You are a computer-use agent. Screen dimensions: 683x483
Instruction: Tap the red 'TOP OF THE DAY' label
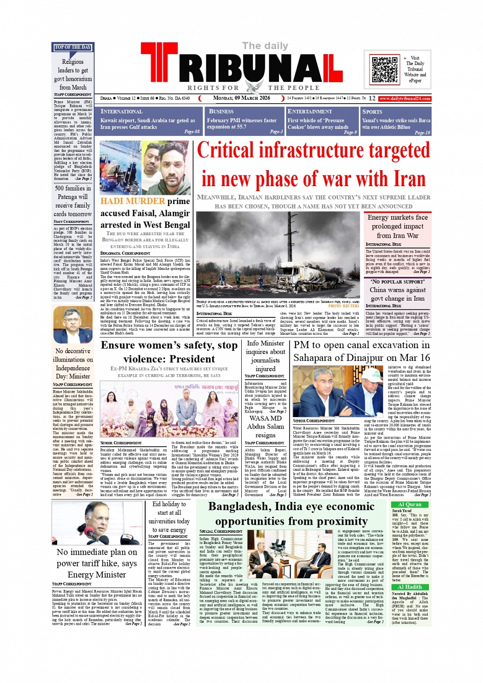point(73,47)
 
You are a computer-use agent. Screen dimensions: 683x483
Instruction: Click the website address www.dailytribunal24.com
point(405,98)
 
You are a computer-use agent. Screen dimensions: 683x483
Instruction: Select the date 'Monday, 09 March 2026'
point(241,98)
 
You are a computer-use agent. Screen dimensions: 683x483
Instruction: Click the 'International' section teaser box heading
point(122,111)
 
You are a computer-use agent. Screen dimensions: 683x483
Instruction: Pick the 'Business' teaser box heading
point(221,111)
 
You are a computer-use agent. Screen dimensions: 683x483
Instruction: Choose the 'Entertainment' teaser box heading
point(310,111)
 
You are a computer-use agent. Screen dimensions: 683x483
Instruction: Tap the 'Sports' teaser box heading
point(372,111)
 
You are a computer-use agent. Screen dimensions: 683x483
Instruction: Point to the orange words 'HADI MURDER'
point(133,201)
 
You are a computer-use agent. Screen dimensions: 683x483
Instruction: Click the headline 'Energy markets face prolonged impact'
point(398,222)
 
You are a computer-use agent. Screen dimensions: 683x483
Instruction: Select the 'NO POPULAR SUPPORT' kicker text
point(397,282)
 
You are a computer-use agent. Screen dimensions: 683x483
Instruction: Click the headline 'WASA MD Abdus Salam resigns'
point(265,426)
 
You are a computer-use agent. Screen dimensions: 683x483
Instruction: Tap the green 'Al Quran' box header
point(410,504)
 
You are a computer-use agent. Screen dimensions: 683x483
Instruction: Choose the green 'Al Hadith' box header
point(410,587)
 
